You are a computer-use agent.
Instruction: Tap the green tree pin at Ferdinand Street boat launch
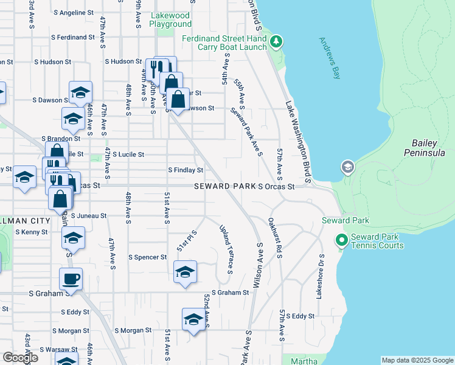[277, 41]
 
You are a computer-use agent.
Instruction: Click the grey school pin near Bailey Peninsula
[347, 167]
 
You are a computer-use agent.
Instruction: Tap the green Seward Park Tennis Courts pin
[341, 242]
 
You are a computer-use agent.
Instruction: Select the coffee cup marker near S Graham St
[71, 279]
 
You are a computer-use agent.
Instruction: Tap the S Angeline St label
[74, 12]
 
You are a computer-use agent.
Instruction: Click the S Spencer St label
[147, 257]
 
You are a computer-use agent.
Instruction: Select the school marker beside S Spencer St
[185, 271]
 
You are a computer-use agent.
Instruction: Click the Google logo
[20, 357]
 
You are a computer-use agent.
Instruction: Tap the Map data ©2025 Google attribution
[417, 360]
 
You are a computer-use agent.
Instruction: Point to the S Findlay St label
[185, 170]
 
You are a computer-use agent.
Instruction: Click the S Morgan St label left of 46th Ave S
[71, 331]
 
